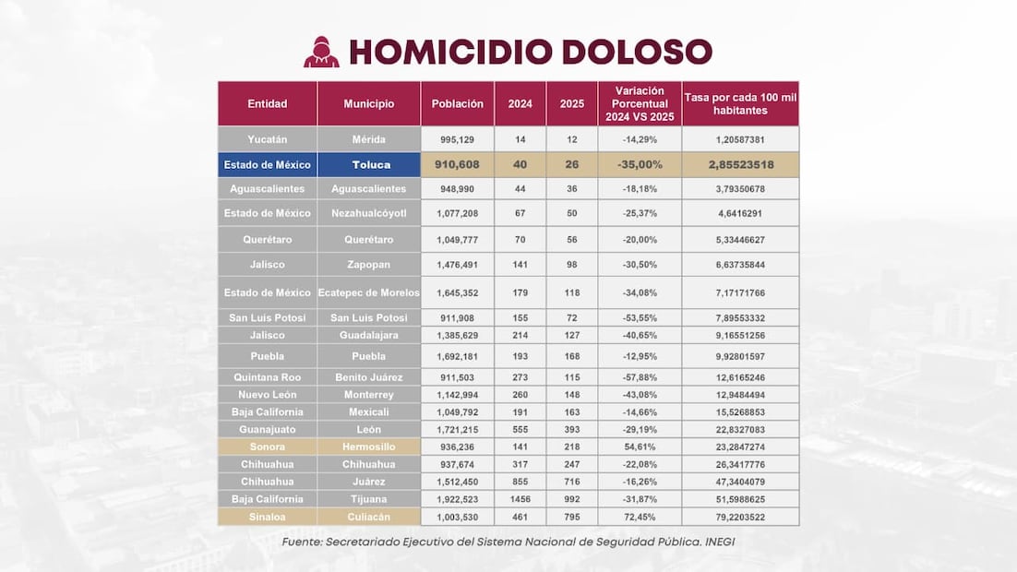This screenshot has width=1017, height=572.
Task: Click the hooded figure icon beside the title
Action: pyautogui.click(x=321, y=52)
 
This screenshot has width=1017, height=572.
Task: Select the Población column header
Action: pyautogui.click(x=458, y=104)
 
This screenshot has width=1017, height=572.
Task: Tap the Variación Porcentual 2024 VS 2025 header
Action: pyautogui.click(x=639, y=104)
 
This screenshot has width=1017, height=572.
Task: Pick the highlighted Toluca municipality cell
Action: pyautogui.click(x=369, y=165)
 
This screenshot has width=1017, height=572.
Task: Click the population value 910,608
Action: pyautogui.click(x=458, y=165)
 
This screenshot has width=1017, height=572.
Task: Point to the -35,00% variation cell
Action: pyautogui.click(x=639, y=165)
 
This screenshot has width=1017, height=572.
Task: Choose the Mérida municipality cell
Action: pyautogui.click(x=369, y=139)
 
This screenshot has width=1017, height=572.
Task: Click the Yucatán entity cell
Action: pyautogui.click(x=268, y=139)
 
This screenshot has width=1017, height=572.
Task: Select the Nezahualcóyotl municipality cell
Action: pyautogui.click(x=369, y=213)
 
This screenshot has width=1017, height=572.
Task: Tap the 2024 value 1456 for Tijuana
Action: pyautogui.click(x=520, y=499)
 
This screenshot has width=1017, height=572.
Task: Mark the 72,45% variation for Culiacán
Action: pyautogui.click(x=639, y=517)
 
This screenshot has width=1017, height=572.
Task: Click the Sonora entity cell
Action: pyautogui.click(x=268, y=447)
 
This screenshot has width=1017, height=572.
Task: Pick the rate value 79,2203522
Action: pyautogui.click(x=740, y=517)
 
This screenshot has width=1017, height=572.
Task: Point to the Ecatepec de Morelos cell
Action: pyautogui.click(x=369, y=292)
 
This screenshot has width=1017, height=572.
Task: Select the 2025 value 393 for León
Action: pyautogui.click(x=571, y=429)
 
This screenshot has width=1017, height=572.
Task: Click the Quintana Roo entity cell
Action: pyautogui.click(x=268, y=377)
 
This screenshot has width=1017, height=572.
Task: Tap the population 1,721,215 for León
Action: pyautogui.click(x=458, y=429)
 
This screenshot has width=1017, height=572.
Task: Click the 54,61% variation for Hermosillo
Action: pyautogui.click(x=639, y=447)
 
